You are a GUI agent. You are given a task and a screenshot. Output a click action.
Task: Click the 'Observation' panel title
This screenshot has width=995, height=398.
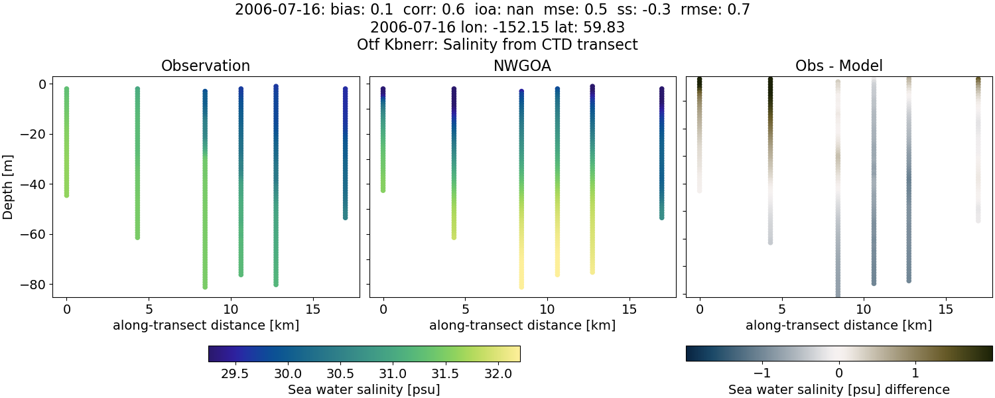[206, 66]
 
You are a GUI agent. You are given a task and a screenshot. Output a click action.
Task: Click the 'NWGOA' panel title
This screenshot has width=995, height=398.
[522, 66]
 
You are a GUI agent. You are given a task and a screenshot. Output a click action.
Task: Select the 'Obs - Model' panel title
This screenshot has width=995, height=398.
[838, 66]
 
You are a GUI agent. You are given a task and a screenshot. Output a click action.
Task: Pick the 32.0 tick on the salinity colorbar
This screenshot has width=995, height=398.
[498, 373]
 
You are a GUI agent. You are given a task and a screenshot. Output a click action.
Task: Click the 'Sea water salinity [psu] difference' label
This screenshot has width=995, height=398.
[838, 389]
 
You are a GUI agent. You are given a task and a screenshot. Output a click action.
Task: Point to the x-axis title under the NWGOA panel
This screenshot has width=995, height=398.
[522, 326]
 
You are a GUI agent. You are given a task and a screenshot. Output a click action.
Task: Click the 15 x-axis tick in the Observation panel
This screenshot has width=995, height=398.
[312, 309]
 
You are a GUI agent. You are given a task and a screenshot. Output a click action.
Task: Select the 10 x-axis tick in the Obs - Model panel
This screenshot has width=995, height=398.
[864, 309]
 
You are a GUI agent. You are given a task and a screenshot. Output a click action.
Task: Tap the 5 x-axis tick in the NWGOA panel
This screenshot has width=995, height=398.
[466, 309]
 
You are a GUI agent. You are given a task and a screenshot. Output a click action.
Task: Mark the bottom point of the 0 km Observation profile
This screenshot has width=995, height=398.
[66, 195]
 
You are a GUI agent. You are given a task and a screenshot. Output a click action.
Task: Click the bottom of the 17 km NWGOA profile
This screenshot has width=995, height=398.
[662, 217]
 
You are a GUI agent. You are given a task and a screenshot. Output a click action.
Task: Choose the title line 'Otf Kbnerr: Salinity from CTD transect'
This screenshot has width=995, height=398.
[497, 44]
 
